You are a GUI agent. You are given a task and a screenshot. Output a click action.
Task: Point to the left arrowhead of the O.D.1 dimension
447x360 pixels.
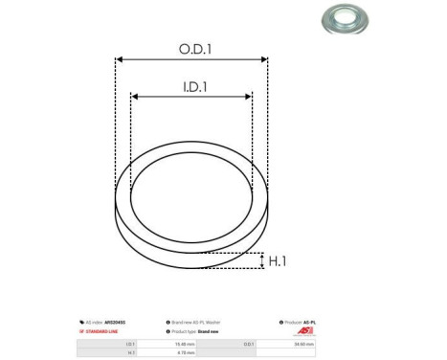(x=119, y=59)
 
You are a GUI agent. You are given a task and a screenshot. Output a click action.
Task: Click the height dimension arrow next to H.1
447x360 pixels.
(x=262, y=260)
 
